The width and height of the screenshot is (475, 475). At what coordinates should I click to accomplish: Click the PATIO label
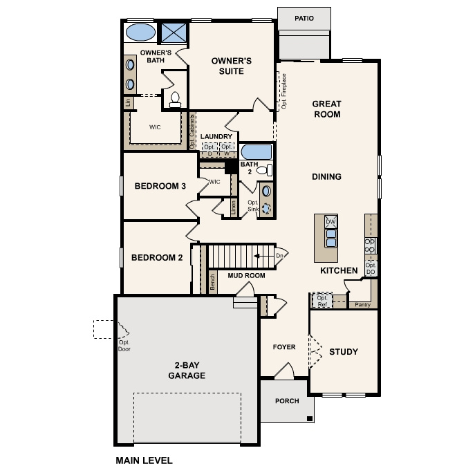pos(303,19)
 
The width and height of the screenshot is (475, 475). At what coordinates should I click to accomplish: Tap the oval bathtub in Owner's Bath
pos(140,32)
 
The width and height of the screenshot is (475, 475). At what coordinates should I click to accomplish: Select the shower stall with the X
pos(172,32)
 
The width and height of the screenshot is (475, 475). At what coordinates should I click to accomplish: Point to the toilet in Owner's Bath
pos(174,100)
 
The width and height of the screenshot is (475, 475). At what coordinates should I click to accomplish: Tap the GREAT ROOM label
pos(326,109)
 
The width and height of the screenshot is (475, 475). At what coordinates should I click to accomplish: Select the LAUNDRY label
pos(216,137)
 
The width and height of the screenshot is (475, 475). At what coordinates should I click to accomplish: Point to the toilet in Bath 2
pos(268,170)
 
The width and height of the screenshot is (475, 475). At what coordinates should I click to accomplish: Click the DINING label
pos(326,177)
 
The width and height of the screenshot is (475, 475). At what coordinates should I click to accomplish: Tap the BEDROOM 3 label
pos(160,186)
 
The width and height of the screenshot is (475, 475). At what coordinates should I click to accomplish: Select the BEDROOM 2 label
pos(157,258)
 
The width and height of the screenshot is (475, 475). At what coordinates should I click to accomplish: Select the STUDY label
pos(343,352)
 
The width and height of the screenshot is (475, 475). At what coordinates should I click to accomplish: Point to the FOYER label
pos(283,347)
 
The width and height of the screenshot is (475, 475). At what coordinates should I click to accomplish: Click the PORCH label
pos(287,401)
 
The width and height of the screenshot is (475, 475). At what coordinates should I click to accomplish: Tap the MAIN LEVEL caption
pos(144,460)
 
